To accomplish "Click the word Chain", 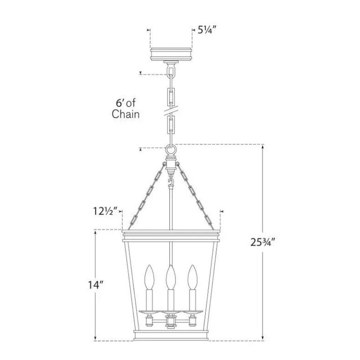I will tap(125, 114).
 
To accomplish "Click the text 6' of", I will tap(125, 103).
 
